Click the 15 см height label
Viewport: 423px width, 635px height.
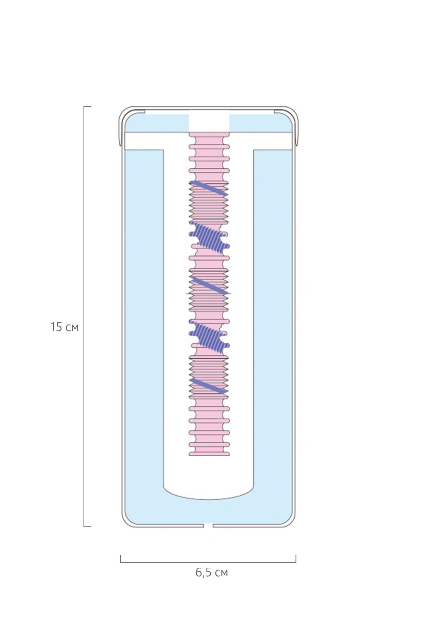64,327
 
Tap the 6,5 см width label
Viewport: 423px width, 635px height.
212,572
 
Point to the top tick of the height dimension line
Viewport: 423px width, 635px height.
87,107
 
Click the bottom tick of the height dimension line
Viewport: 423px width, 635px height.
87,527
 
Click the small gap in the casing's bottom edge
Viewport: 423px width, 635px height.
208,526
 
